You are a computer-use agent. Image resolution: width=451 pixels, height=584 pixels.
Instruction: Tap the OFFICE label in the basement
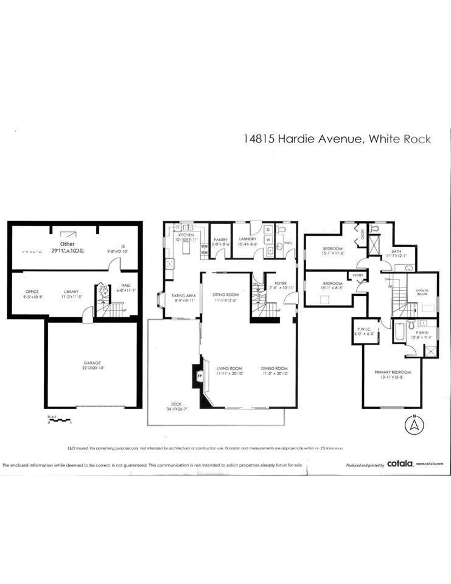click(x=32, y=292)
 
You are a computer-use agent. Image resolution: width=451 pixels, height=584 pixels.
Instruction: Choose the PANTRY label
click(x=221, y=240)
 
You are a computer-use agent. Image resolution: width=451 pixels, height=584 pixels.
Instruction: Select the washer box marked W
click(x=268, y=240)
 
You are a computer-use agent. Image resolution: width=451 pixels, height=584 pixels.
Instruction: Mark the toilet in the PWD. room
click(x=281, y=230)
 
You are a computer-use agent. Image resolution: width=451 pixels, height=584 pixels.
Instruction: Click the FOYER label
click(x=280, y=283)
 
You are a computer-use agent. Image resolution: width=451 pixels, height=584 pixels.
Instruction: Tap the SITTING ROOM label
click(x=225, y=294)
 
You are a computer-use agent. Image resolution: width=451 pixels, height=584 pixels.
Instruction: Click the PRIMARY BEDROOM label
click(x=393, y=372)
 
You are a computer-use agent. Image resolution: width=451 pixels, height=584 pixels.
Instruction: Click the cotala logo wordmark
click(x=400, y=463)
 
